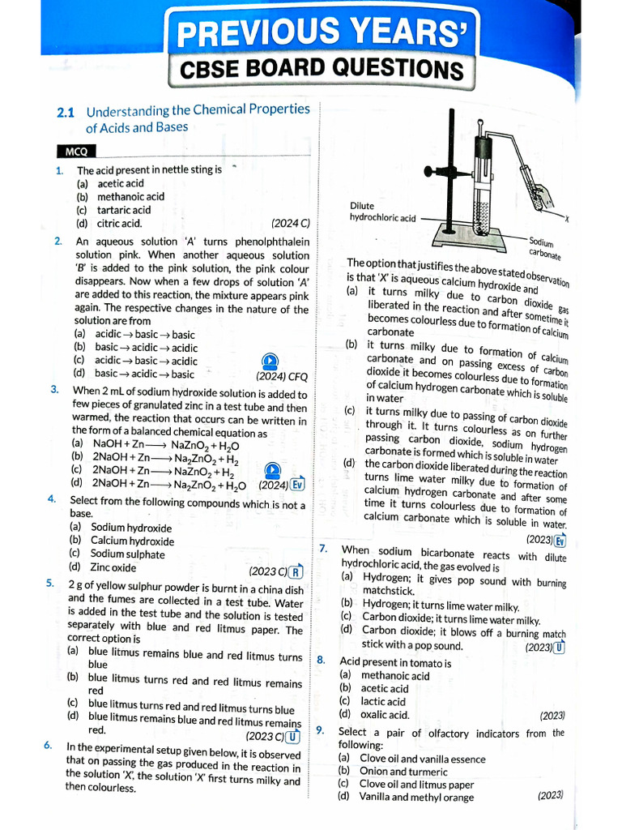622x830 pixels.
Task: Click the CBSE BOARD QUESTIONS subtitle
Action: (322, 70)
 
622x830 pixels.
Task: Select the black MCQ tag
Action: (76, 152)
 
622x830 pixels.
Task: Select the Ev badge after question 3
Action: (297, 485)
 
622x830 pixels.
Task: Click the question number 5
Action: (50, 583)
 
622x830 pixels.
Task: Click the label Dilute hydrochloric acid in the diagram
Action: (382, 212)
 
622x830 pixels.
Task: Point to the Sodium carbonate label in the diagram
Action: (544, 247)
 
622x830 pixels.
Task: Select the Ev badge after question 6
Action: (560, 540)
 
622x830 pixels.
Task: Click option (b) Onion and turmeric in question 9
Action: (393, 772)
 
